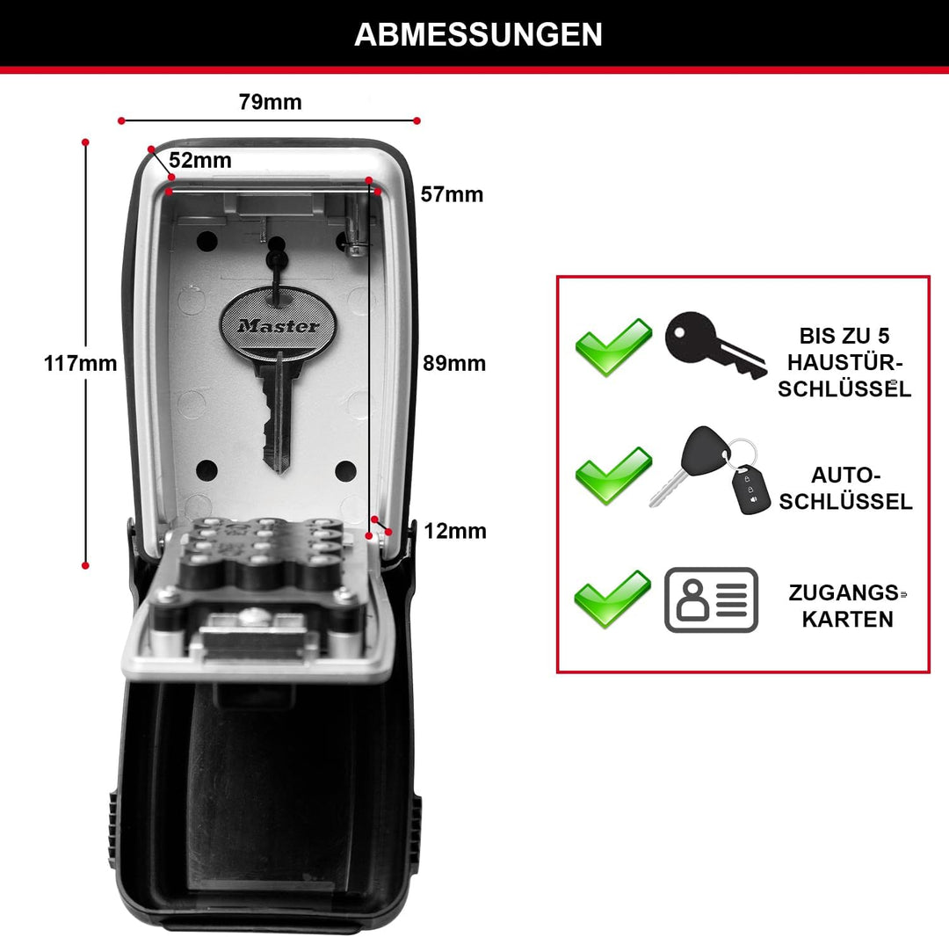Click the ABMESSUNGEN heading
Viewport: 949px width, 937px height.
(x=478, y=34)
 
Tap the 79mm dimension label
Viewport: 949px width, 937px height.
(x=270, y=102)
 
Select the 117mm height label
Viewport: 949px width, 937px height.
(x=80, y=363)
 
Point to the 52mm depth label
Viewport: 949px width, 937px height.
(x=199, y=160)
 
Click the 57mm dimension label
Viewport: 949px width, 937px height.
(x=453, y=194)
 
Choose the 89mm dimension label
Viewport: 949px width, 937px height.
(x=454, y=363)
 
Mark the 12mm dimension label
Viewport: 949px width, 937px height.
(x=455, y=531)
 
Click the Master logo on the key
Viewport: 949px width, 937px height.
(x=279, y=325)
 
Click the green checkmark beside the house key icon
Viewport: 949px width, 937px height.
(x=613, y=347)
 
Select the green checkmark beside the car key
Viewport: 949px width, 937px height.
(x=613, y=476)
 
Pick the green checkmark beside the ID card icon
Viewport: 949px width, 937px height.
(x=612, y=599)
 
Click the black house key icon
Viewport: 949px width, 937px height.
(x=714, y=345)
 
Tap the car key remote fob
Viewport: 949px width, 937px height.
(x=750, y=489)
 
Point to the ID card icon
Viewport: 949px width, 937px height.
(x=711, y=599)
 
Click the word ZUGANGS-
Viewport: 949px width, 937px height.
(x=845, y=592)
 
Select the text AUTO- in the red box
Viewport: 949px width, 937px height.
(x=845, y=476)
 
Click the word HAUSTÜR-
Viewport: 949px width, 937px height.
(x=845, y=362)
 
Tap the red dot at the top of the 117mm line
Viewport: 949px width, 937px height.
(x=85, y=142)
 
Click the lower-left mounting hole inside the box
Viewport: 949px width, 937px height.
(x=207, y=470)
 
